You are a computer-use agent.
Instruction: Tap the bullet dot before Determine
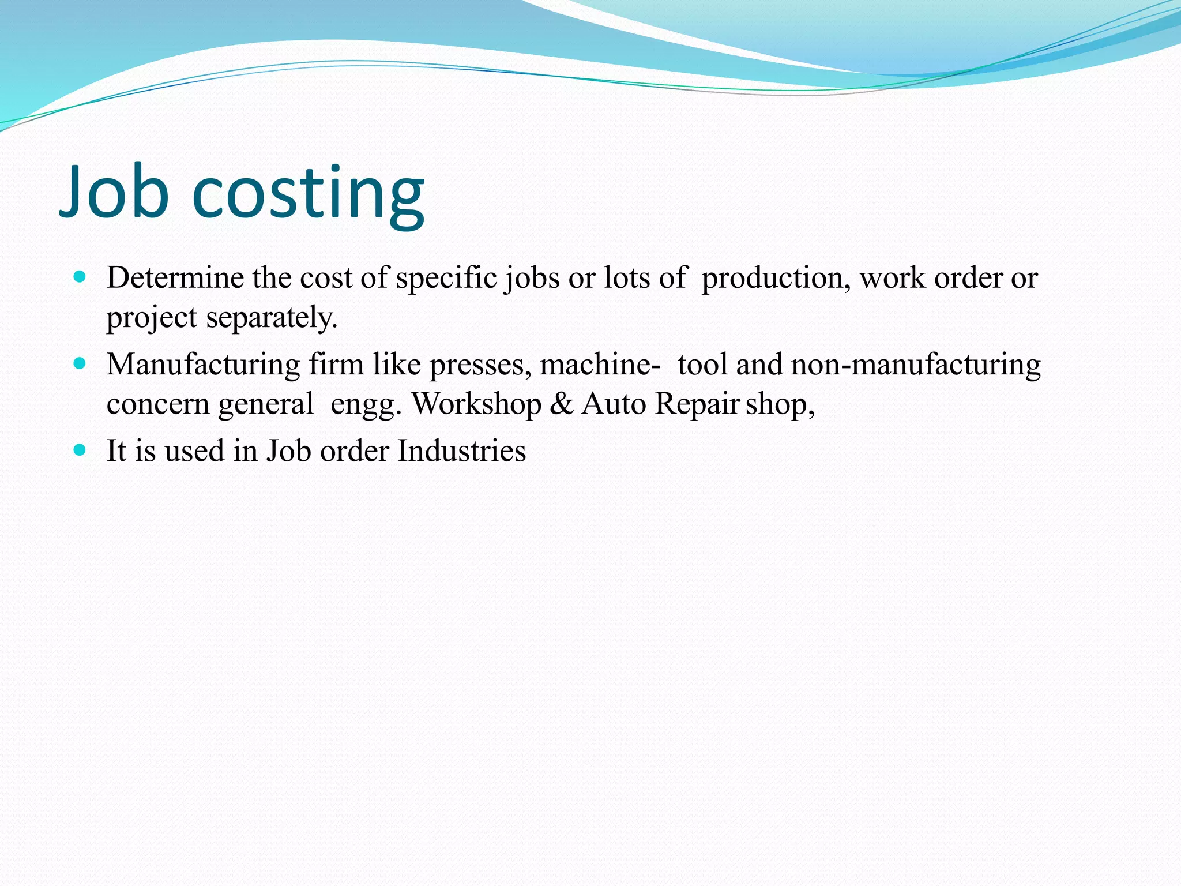(80, 277)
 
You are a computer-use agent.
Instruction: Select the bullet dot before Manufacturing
(80, 363)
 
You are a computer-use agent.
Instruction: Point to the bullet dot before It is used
(80, 450)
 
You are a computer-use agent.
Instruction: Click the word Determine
(175, 278)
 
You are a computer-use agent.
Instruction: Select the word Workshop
(476, 404)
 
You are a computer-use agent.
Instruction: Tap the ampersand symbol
(562, 404)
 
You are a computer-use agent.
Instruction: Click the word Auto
(614, 404)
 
